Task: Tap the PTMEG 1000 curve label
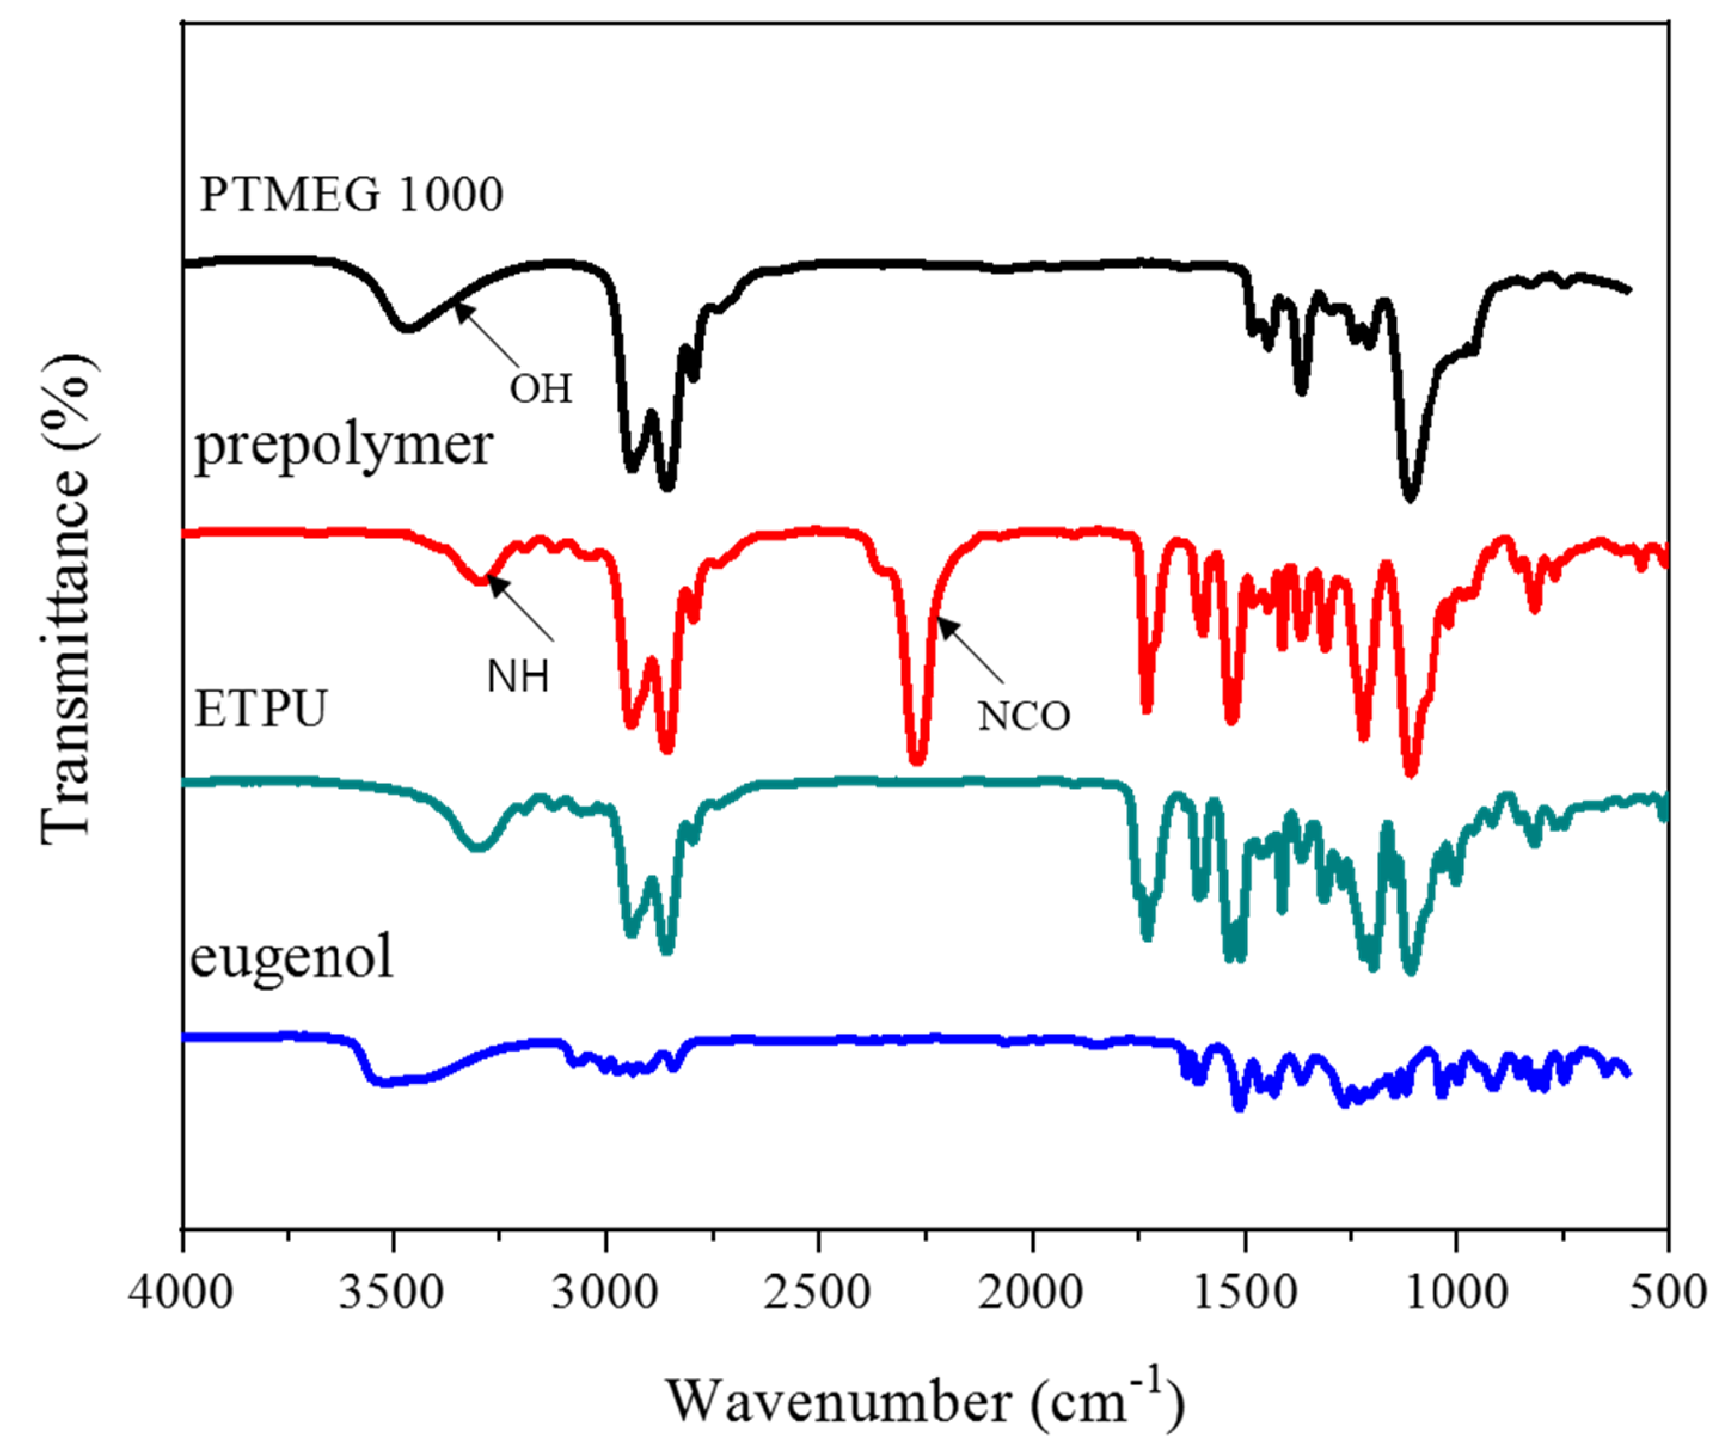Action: pyautogui.click(x=351, y=195)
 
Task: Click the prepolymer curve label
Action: pyautogui.click(x=343, y=446)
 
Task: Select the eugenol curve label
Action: pyautogui.click(x=291, y=957)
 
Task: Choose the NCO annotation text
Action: pyautogui.click(x=1024, y=716)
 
